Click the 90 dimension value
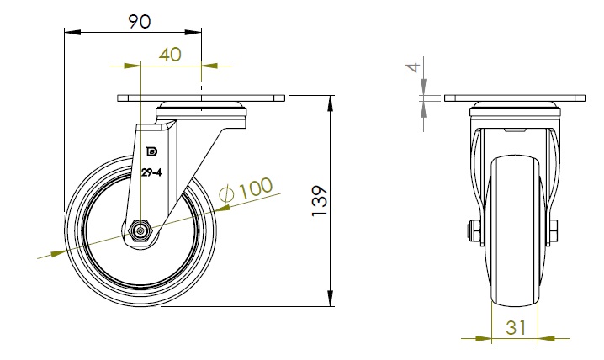pyautogui.click(x=140, y=22)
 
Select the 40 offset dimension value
pyautogui.click(x=170, y=55)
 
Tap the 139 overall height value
pyautogui.click(x=320, y=201)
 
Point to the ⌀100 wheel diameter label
pyautogui.click(x=246, y=189)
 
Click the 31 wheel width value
pyautogui.click(x=516, y=328)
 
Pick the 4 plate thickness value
pyautogui.click(x=413, y=68)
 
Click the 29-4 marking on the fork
pyautogui.click(x=151, y=173)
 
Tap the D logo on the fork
pyautogui.click(x=152, y=152)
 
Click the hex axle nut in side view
pyautogui.click(x=140, y=230)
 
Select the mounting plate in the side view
pyautogui.click(x=201, y=98)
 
